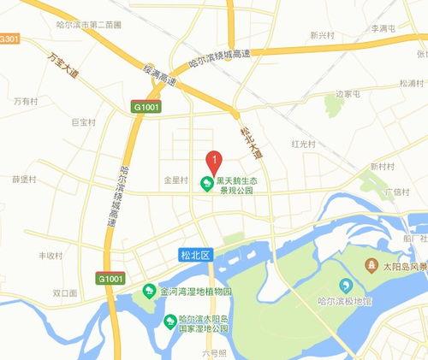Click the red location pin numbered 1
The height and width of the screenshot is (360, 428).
point(214,160)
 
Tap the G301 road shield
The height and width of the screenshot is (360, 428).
point(9,39)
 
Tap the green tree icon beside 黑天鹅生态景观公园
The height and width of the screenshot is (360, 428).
point(206,183)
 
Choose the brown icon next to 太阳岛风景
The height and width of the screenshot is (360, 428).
point(372,265)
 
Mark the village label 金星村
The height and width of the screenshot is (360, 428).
point(175,180)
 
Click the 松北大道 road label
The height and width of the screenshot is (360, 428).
point(250,141)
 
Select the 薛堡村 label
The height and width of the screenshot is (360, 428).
point(24,179)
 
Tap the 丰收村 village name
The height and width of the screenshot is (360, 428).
point(51,255)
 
